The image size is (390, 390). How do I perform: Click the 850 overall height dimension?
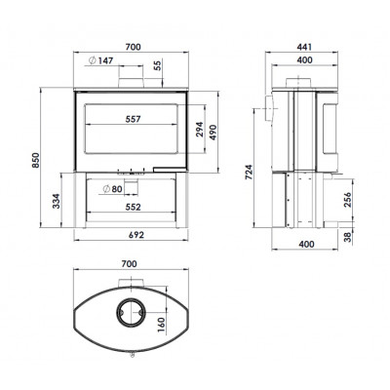(36, 160)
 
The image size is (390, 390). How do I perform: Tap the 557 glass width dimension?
(134, 119)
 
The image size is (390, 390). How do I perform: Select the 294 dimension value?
(199, 130)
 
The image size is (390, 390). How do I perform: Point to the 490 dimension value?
(213, 133)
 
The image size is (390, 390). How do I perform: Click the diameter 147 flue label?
(101, 60)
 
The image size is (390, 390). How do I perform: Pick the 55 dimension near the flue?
(158, 65)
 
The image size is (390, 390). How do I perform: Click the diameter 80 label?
(112, 189)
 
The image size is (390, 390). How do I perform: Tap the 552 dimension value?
(133, 207)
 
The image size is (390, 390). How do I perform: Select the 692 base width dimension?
(136, 235)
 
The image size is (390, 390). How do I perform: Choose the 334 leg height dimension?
(57, 201)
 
